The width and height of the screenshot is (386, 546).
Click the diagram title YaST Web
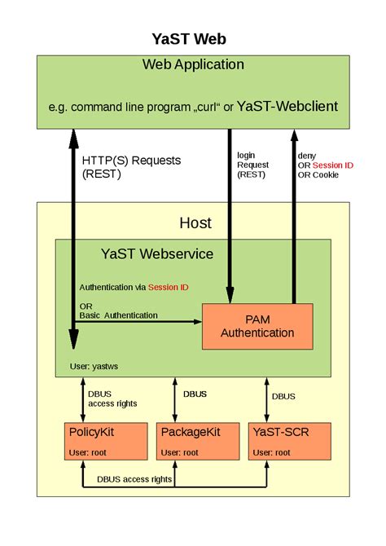click(x=193, y=38)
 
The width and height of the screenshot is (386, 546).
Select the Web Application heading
click(x=193, y=64)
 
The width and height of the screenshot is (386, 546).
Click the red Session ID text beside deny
click(x=333, y=165)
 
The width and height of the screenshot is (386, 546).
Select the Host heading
click(x=195, y=222)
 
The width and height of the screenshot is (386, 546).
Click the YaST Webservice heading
click(x=156, y=253)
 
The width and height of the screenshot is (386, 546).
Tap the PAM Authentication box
click(x=257, y=326)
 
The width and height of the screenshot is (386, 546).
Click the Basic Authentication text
click(x=119, y=315)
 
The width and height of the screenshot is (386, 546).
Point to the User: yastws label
click(x=96, y=366)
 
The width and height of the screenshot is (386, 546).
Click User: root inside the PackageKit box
click(x=180, y=451)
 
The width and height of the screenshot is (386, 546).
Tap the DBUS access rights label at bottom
click(x=134, y=479)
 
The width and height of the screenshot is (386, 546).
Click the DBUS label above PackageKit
click(x=195, y=394)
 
